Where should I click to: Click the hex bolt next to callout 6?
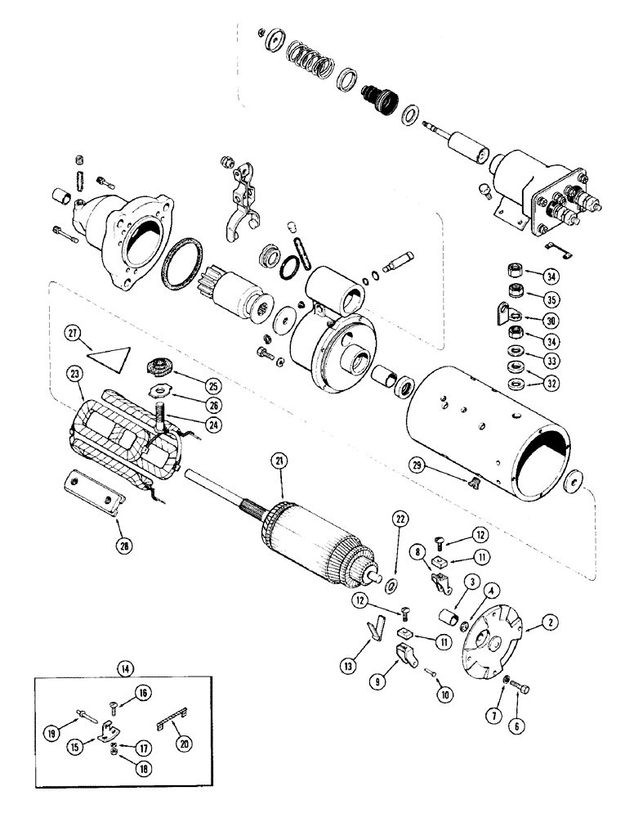tap(518, 689)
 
